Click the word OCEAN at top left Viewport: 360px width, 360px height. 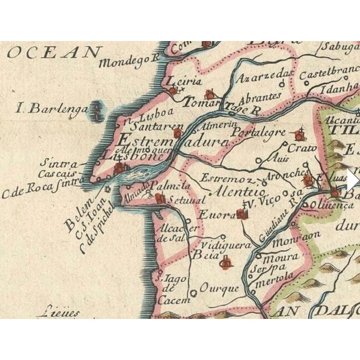click(x=53, y=53)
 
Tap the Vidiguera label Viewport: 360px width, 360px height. click(x=223, y=246)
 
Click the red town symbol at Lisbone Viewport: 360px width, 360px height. click(x=120, y=168)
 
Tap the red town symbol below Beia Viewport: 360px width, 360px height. click(x=227, y=262)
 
